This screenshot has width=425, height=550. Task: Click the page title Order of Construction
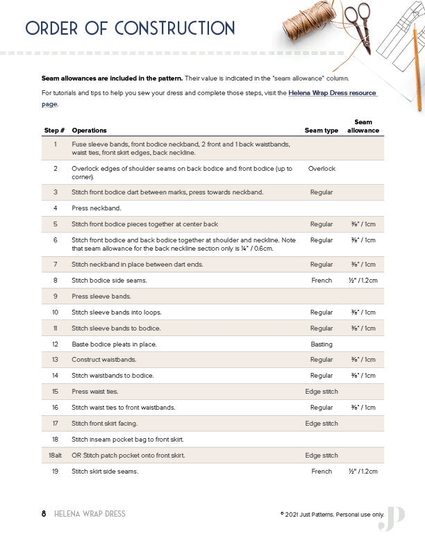130,28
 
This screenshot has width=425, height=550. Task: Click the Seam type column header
321,131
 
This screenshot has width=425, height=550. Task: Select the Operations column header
89,131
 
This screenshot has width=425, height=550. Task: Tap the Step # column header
54,131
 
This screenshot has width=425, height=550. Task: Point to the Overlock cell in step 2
321,169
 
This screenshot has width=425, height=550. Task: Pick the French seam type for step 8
321,281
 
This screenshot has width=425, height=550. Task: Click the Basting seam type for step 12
321,344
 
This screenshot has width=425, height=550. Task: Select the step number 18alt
54,456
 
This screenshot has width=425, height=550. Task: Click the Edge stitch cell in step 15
321,392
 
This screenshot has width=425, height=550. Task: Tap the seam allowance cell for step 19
362,472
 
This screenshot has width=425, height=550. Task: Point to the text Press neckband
97,208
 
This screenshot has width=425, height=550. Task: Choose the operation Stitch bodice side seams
109,281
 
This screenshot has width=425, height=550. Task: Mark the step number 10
54,312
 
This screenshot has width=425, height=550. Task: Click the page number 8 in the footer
44,514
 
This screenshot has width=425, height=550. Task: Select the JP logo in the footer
391,517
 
